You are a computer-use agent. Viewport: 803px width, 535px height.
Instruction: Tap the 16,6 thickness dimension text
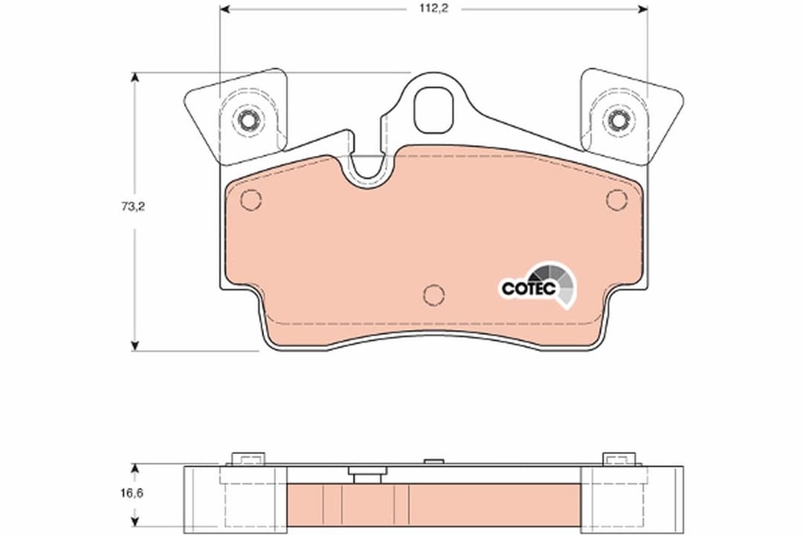(x=132, y=492)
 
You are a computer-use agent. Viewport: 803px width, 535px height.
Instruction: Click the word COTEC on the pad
(x=527, y=288)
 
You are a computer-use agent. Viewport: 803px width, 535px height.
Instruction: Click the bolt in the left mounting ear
(x=248, y=119)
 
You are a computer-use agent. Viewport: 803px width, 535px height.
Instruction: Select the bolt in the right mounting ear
(x=616, y=119)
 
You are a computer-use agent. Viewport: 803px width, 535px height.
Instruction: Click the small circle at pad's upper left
(x=251, y=199)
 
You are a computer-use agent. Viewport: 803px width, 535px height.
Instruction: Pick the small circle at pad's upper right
(x=616, y=199)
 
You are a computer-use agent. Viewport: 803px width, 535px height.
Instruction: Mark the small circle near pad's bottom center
(x=433, y=295)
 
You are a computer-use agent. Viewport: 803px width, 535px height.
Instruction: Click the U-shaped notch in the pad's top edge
(x=369, y=170)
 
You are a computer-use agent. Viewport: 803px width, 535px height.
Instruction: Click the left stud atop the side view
(x=244, y=459)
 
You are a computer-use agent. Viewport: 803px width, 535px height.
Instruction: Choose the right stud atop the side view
(x=613, y=459)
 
